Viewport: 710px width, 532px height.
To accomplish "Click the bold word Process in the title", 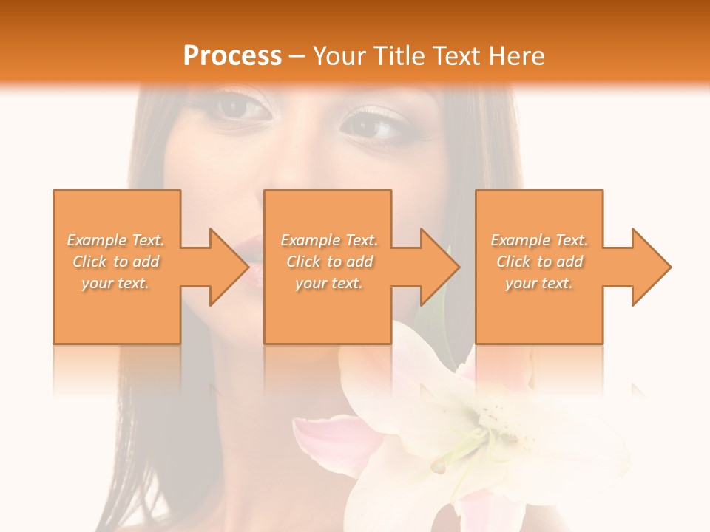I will click(x=232, y=56).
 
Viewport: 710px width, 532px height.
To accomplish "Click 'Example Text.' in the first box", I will click(x=116, y=240).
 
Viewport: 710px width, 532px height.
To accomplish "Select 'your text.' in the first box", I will click(x=116, y=283).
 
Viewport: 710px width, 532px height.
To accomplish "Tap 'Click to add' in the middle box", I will click(x=329, y=262).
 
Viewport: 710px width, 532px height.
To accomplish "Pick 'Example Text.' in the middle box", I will click(x=329, y=240).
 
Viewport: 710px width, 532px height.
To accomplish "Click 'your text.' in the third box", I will click(x=539, y=283).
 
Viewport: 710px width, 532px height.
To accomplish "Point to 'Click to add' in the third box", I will click(x=539, y=262).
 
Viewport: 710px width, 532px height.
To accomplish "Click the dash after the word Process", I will click(x=297, y=56).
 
